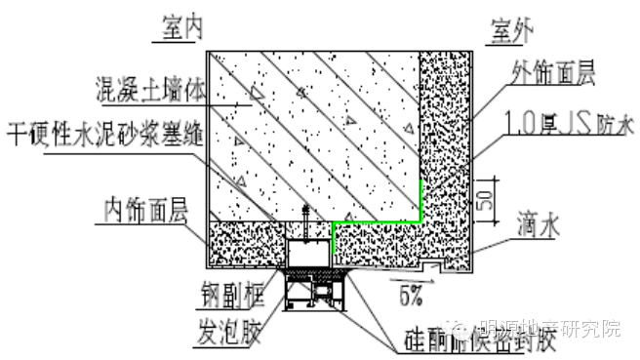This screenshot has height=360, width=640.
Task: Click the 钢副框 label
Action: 237,286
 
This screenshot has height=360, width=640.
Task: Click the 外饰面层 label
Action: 555,72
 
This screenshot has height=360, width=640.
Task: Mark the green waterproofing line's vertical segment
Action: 420,201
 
